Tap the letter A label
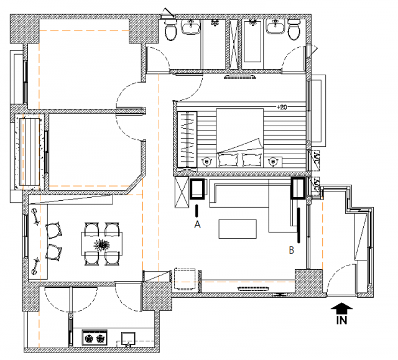tap(197, 224)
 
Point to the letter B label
tap(292, 250)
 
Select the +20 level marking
tap(282, 108)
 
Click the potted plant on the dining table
tap(102, 245)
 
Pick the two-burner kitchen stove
tap(95, 338)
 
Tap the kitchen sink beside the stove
tap(128, 339)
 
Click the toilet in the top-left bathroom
tap(170, 30)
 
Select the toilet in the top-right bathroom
tap(294, 30)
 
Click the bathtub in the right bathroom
tap(252, 41)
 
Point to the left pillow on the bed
tap(228, 160)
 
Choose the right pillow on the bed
tap(252, 160)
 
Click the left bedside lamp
tap(206, 162)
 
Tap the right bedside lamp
tap(273, 162)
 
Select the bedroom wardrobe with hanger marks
tap(187, 139)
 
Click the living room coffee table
tap(238, 229)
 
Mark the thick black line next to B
tap(298, 226)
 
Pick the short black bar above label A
tap(197, 211)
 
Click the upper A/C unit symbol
tap(315, 160)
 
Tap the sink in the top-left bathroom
tap(191, 27)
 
